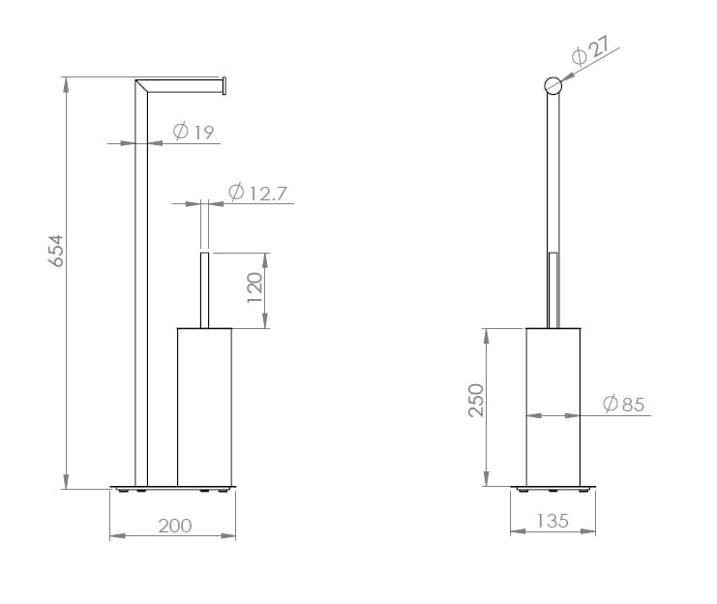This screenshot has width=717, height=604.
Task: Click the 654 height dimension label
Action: (56, 251)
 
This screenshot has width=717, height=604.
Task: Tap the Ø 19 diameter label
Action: (194, 132)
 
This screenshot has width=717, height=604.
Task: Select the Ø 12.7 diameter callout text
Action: (257, 193)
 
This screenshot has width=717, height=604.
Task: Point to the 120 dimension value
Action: (254, 287)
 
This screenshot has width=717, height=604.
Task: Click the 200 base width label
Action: (175, 526)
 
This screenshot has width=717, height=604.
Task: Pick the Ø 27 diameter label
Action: (591, 50)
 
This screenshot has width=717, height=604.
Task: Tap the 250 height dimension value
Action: (476, 401)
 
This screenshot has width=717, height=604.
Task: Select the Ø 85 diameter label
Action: (624, 404)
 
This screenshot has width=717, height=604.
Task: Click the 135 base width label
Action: (553, 521)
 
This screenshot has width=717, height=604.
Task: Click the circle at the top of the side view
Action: (553, 85)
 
